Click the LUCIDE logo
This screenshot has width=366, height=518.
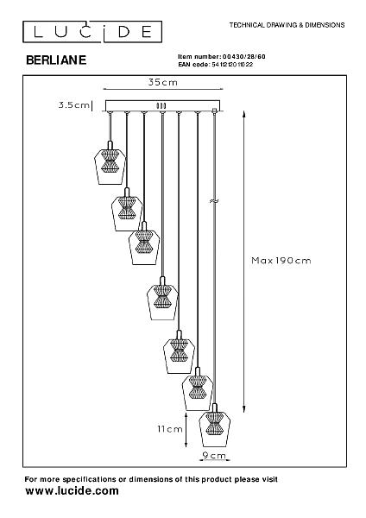click(x=92, y=32)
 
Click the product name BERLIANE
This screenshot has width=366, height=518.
click(x=56, y=60)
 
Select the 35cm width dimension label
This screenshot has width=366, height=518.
click(x=163, y=82)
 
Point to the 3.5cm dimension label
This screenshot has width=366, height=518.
click(x=74, y=105)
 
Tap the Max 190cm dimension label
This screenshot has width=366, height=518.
click(x=281, y=261)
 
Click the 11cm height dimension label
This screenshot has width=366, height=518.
click(x=170, y=429)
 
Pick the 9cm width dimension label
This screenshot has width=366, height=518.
click(x=214, y=456)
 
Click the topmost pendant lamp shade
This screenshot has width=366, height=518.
click(x=110, y=166)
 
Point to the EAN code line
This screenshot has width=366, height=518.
click(x=216, y=65)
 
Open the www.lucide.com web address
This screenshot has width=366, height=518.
click(x=72, y=490)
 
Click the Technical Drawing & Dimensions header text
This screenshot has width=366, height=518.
click(x=287, y=25)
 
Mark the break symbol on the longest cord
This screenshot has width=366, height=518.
click(x=214, y=200)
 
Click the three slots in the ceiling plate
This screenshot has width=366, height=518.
click(x=161, y=105)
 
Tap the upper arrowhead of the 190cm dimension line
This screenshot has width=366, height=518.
click(x=243, y=114)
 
